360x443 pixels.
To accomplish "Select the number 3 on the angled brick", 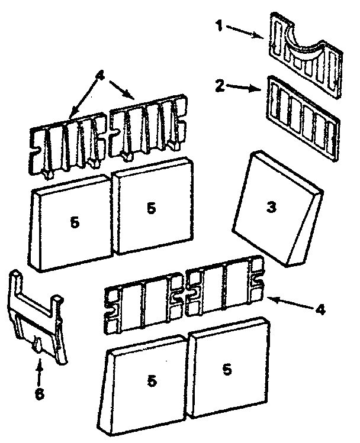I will (271, 208).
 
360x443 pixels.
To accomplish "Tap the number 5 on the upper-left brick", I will (74, 223).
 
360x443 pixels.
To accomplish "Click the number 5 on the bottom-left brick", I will (152, 381).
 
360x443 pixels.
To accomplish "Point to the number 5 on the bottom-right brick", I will (227, 368).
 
